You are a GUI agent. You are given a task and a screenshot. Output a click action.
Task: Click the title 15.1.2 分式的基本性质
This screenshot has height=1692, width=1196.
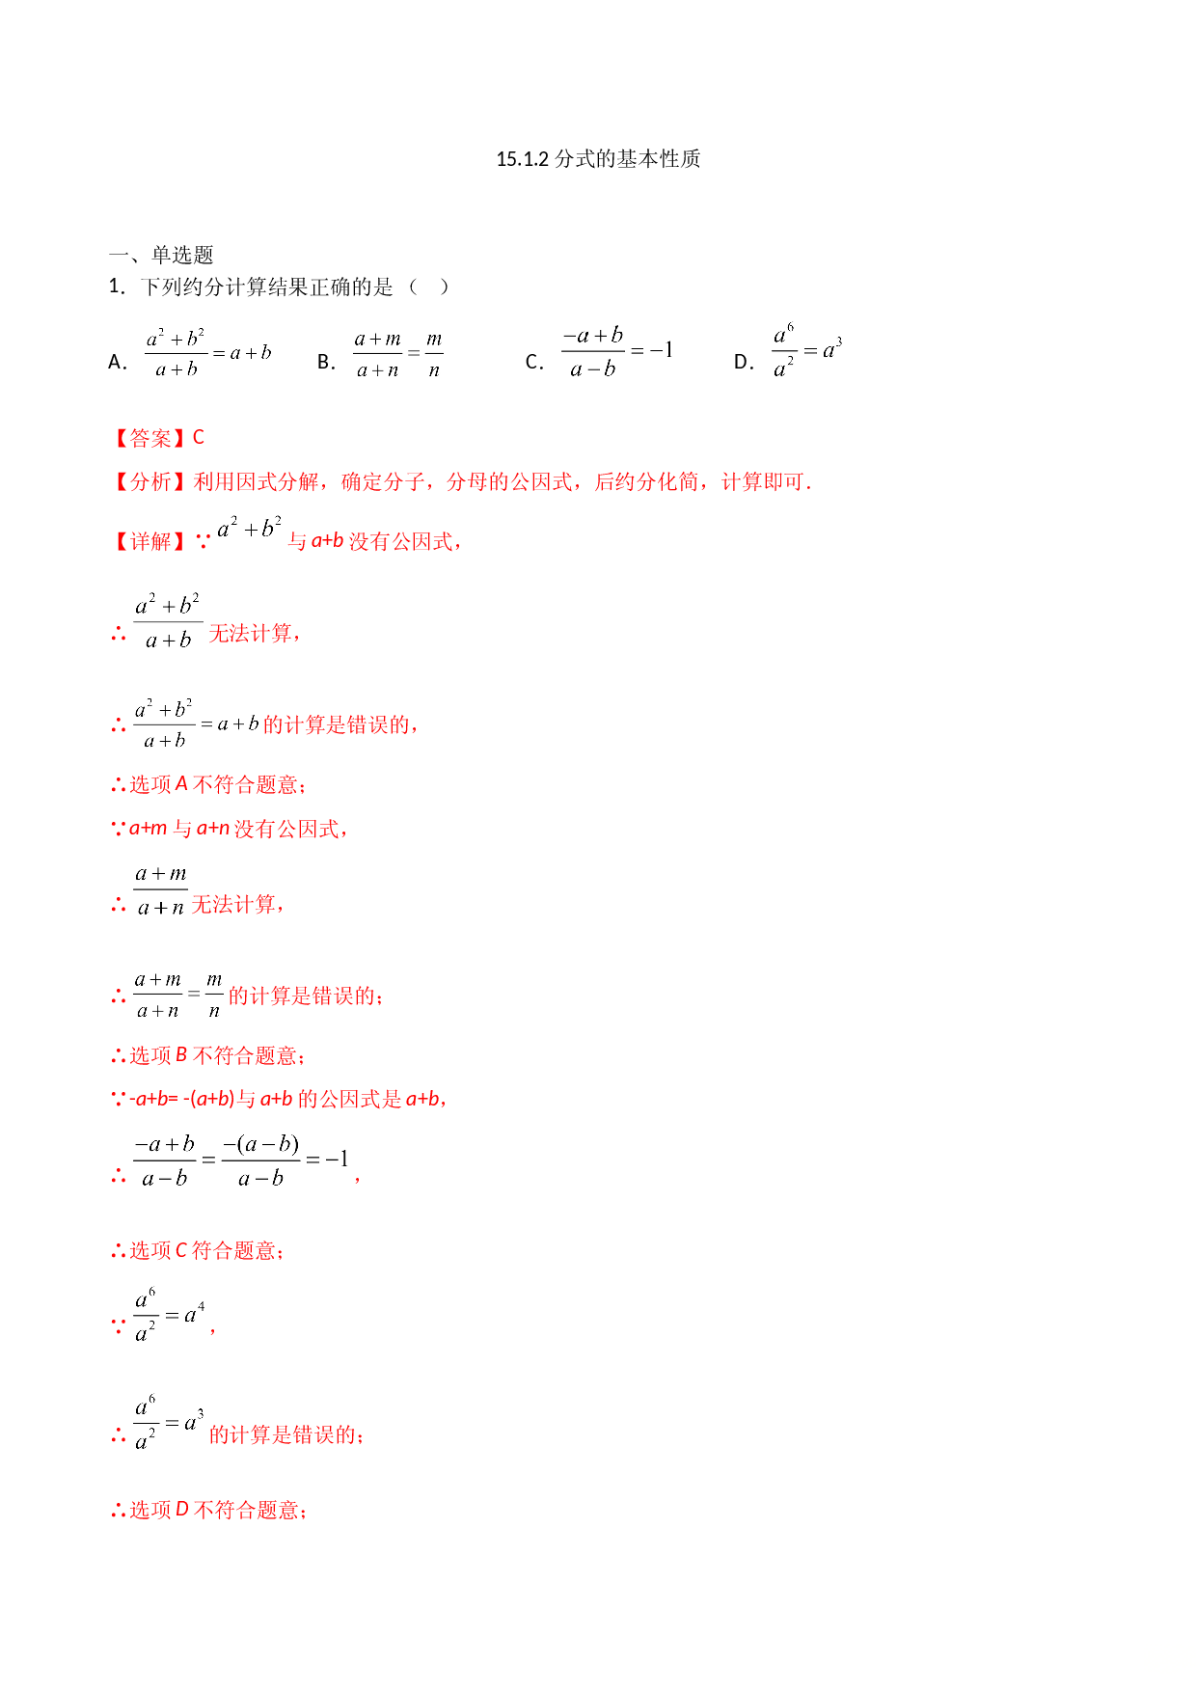click(598, 159)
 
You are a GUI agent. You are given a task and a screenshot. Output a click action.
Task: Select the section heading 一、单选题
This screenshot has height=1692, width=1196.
click(161, 255)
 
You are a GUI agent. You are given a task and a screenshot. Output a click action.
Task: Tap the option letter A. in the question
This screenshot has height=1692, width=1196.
click(118, 362)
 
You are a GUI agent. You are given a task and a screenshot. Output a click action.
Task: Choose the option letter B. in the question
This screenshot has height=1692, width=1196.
click(326, 362)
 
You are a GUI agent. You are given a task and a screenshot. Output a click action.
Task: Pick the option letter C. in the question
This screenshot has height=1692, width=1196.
click(534, 362)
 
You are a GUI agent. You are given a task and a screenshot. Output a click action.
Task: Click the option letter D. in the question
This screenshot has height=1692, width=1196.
click(744, 362)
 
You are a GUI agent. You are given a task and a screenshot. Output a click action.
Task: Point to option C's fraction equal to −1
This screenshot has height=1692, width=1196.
click(617, 352)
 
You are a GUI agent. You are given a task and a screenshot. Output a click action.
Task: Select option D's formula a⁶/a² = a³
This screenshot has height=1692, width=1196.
click(807, 351)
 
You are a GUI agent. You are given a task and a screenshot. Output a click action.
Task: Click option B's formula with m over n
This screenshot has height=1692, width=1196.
click(398, 354)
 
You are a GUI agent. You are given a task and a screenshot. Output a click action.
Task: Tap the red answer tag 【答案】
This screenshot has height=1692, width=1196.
click(149, 438)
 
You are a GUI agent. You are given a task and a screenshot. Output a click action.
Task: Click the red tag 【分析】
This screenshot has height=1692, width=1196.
click(149, 481)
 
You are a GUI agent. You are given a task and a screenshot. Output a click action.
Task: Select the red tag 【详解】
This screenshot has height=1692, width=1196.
click(149, 541)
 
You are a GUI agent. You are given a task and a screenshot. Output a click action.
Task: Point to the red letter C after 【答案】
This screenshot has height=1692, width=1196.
click(199, 438)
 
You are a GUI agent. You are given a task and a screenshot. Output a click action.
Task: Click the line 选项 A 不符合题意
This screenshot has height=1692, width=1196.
click(209, 785)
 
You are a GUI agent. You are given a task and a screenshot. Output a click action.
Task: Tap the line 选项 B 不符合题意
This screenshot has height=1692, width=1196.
click(209, 1056)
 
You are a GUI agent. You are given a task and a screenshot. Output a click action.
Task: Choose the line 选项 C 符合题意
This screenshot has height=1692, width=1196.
click(199, 1251)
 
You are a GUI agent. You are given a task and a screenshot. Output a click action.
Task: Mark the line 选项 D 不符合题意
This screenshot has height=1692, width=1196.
click(209, 1511)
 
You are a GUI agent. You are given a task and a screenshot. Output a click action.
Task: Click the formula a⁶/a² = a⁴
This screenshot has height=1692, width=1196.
click(170, 1316)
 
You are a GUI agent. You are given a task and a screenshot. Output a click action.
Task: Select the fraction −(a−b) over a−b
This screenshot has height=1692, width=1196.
click(260, 1160)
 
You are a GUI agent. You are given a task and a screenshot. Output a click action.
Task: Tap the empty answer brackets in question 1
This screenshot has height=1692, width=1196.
click(428, 287)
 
